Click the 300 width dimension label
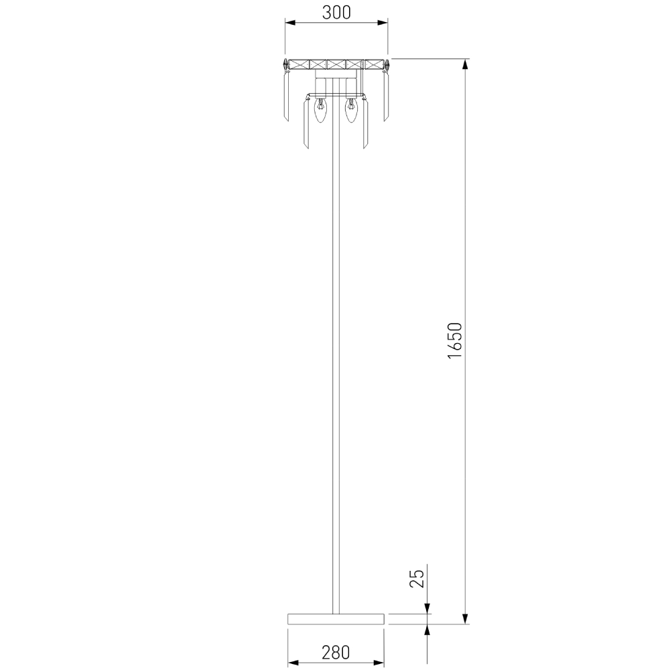click(336, 13)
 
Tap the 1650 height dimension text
click(455, 340)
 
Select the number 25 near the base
click(417, 579)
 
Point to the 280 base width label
click(336, 653)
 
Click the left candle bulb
click(321, 111)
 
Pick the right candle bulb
click(351, 111)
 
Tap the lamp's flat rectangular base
click(336, 618)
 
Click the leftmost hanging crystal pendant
click(287, 96)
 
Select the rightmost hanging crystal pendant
click(387, 96)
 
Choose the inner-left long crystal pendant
click(306, 124)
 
